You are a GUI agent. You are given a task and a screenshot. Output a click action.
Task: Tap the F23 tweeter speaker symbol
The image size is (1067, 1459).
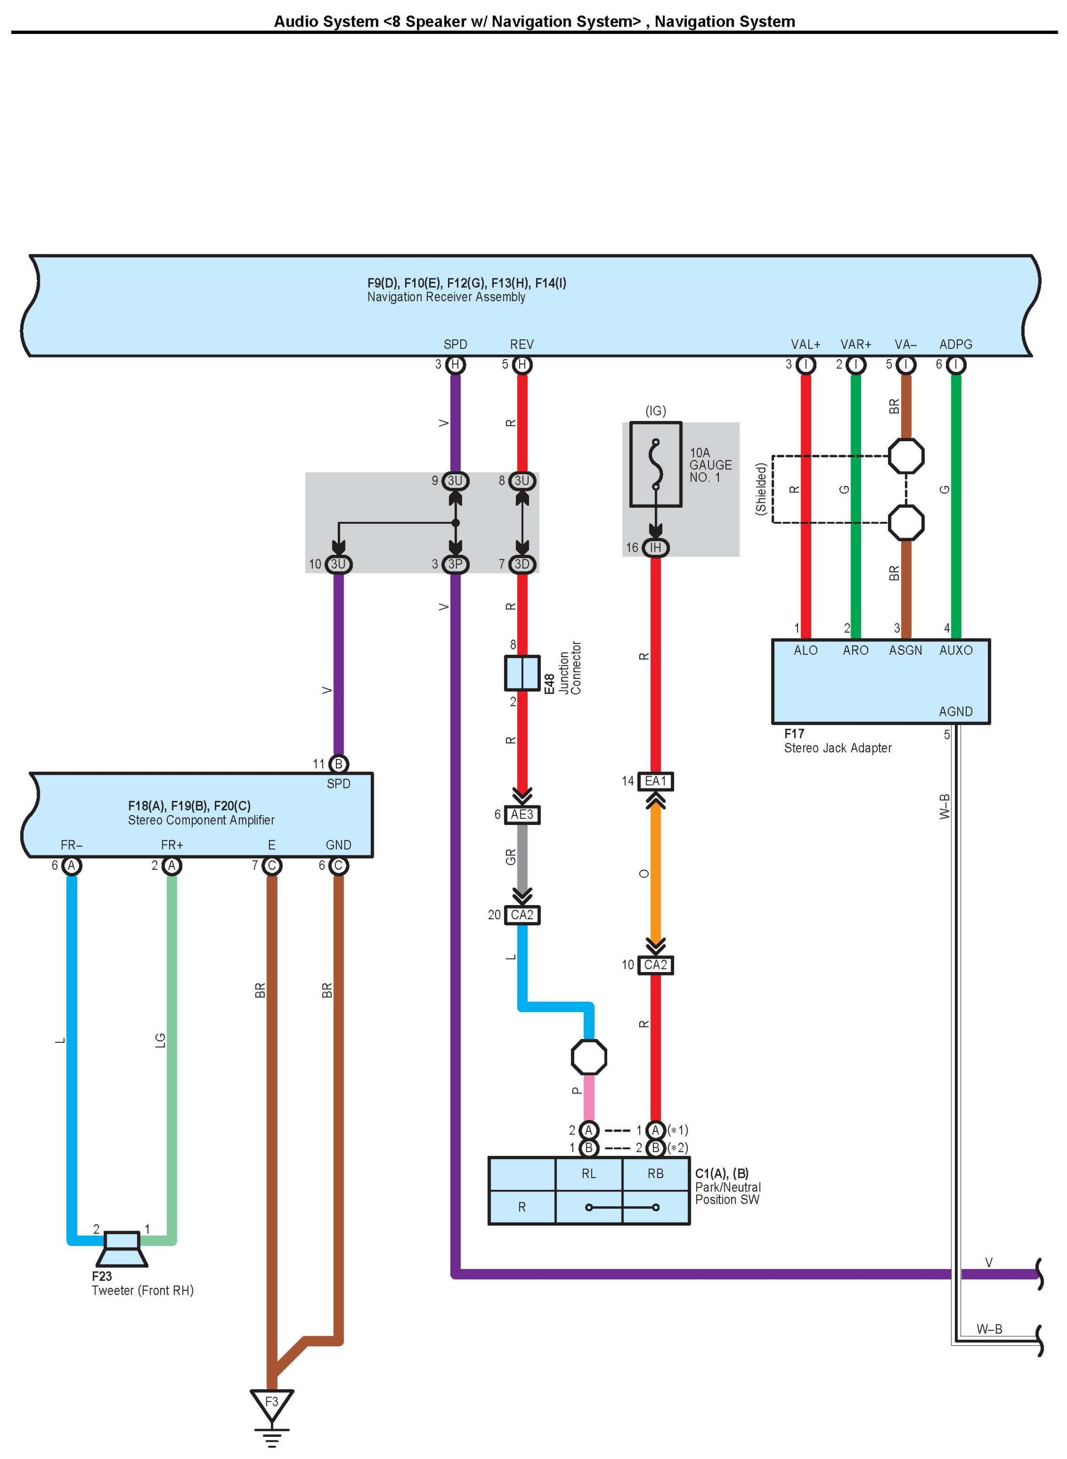[x=121, y=1248]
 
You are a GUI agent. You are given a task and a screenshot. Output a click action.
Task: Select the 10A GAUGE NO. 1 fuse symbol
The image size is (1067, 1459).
[x=655, y=464]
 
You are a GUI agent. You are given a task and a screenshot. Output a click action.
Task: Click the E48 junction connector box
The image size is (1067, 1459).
[x=522, y=673]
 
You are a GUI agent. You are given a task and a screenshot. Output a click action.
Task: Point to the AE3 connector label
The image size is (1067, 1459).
[x=522, y=814]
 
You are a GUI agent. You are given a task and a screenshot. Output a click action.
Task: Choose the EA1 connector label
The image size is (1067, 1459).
[x=655, y=781]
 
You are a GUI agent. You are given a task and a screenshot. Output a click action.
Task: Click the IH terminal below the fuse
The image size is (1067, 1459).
[x=655, y=547]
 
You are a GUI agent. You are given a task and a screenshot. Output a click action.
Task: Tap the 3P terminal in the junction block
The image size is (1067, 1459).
[x=455, y=564]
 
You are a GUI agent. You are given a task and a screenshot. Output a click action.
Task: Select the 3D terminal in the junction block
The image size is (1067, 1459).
[x=522, y=564]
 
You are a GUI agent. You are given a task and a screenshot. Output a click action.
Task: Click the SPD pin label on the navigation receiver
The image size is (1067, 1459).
[x=455, y=344]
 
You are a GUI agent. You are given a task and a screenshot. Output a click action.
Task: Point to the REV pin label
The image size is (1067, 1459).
[x=522, y=344]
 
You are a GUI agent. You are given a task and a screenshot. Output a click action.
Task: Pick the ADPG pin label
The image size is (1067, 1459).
[x=956, y=344]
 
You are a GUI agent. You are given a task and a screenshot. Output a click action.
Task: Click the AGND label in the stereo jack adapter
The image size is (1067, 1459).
[x=956, y=711]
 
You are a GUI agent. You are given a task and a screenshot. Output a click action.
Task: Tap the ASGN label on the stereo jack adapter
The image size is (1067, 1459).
[x=906, y=650]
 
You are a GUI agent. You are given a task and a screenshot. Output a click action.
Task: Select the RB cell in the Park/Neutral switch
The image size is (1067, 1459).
[x=655, y=1173]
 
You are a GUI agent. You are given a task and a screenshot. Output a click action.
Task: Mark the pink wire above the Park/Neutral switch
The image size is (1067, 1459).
[x=589, y=1097]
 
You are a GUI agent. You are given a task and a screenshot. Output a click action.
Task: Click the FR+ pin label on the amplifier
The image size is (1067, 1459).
[x=172, y=845]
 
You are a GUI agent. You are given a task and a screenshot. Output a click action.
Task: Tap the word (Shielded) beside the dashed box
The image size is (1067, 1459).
[x=761, y=488]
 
